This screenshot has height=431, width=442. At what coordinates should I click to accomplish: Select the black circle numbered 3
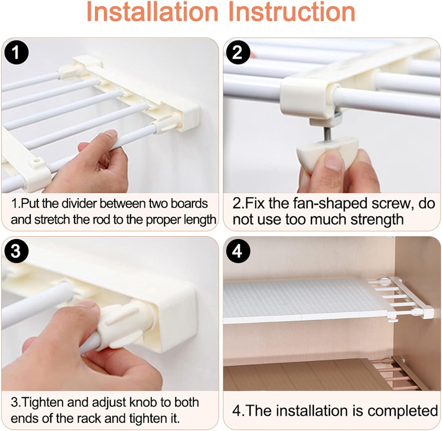16,251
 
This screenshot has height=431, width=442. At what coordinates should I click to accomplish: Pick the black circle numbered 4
238,251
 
